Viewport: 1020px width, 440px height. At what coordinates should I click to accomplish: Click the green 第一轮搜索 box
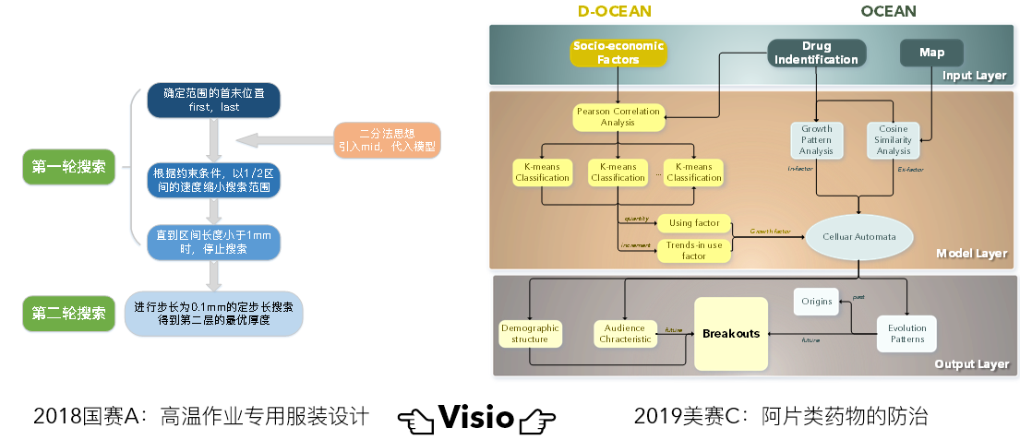point(68,167)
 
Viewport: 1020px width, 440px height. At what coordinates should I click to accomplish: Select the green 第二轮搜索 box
point(68,313)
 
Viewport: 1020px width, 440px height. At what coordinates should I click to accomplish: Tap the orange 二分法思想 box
point(388,139)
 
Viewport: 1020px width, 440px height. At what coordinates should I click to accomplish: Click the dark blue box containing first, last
point(214,101)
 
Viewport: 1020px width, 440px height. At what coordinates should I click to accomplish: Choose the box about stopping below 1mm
point(214,242)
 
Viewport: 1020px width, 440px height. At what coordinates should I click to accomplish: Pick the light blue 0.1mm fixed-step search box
point(213,314)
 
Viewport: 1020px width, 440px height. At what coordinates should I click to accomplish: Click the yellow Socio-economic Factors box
point(618,53)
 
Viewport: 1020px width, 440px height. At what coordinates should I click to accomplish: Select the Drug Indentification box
point(816,53)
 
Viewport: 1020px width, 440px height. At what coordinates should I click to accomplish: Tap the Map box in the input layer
point(931,53)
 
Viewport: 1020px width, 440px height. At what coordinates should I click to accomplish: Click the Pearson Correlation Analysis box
point(618,116)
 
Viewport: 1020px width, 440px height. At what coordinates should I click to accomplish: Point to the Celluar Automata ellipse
point(859,237)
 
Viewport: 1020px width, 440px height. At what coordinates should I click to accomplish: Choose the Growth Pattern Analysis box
point(816,139)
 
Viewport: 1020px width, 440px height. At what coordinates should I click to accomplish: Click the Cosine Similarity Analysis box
point(893,139)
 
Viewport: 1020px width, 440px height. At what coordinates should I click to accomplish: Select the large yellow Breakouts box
point(731,333)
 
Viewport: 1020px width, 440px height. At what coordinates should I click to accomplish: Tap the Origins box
point(816,301)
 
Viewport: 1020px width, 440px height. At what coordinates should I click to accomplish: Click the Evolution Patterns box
point(906,333)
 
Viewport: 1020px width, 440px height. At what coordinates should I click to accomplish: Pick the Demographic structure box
point(530,333)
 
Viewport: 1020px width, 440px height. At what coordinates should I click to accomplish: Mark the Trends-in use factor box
point(693,250)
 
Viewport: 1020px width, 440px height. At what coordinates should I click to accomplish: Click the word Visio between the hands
point(476,417)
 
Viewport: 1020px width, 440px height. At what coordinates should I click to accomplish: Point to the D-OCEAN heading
point(615,11)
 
